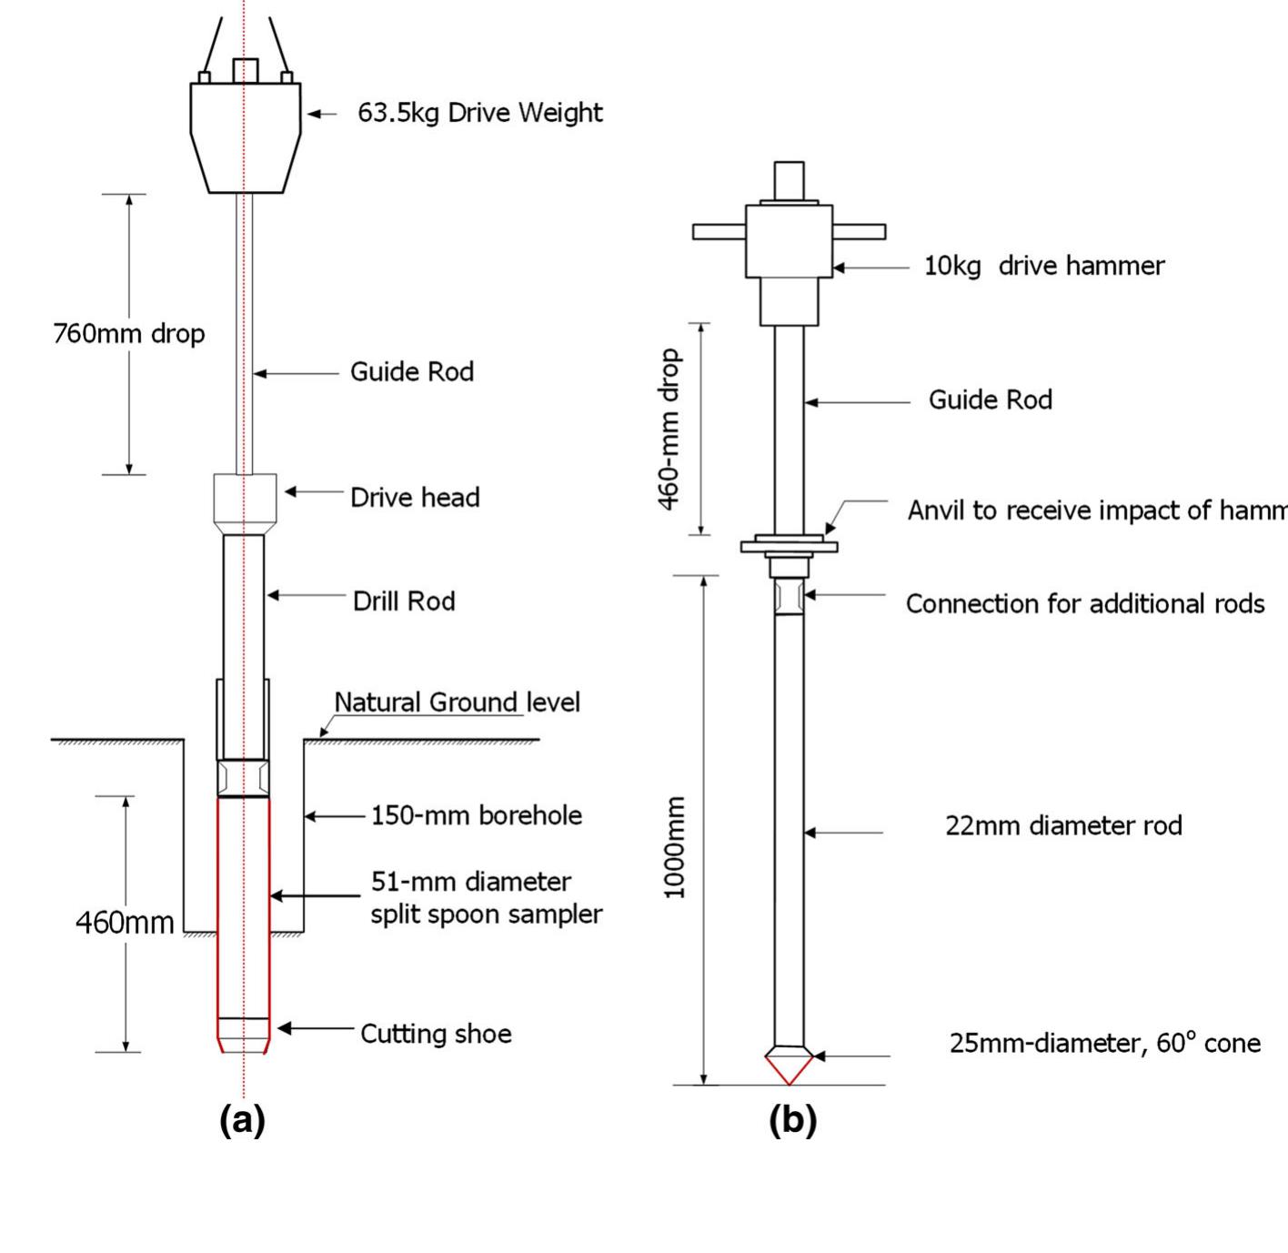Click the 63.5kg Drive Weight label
[x=479, y=113]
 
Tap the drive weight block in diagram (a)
[x=245, y=136]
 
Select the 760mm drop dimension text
[x=129, y=334]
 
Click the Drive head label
[x=415, y=497]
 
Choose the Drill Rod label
[x=404, y=601]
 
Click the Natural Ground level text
[x=457, y=702]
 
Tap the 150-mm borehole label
[x=477, y=815]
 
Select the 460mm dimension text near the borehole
[x=125, y=923]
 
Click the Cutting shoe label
[x=436, y=1034]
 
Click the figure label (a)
[x=242, y=1120]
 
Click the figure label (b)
[x=792, y=1120]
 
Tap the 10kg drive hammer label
[x=1044, y=266]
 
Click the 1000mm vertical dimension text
[x=674, y=847]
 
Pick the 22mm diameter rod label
[x=1063, y=826]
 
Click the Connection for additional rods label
[x=1084, y=604]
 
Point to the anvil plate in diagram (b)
[x=789, y=546]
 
